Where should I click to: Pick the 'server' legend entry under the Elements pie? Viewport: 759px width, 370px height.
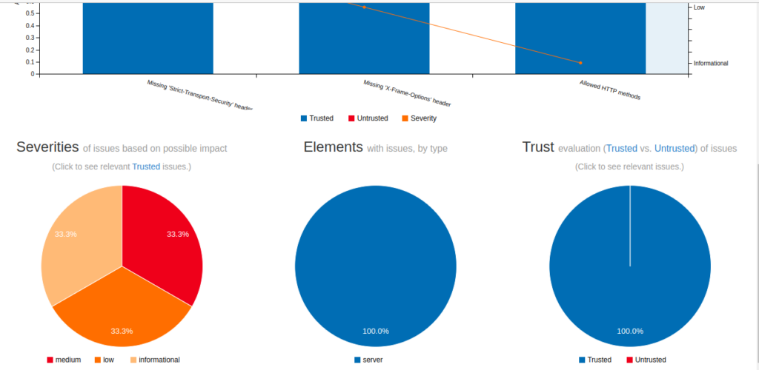coord(373,360)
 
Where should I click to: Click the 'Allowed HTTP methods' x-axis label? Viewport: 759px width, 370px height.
coord(609,90)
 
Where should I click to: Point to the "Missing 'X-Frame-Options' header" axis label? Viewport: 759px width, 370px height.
coord(407,93)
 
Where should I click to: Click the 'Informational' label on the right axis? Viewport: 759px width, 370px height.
coord(711,63)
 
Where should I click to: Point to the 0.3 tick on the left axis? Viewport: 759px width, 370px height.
coord(30,38)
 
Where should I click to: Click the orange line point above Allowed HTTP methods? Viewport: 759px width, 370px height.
coord(580,63)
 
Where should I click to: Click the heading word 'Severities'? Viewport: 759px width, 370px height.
coord(47,147)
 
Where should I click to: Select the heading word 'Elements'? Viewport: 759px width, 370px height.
coord(333,147)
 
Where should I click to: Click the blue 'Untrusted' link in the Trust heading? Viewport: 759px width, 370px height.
coord(675,149)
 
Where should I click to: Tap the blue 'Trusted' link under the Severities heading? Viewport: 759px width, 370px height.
coord(146,166)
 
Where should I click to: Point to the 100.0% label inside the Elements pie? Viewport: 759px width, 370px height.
coord(375,331)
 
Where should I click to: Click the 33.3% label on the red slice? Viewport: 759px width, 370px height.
coord(178,234)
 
